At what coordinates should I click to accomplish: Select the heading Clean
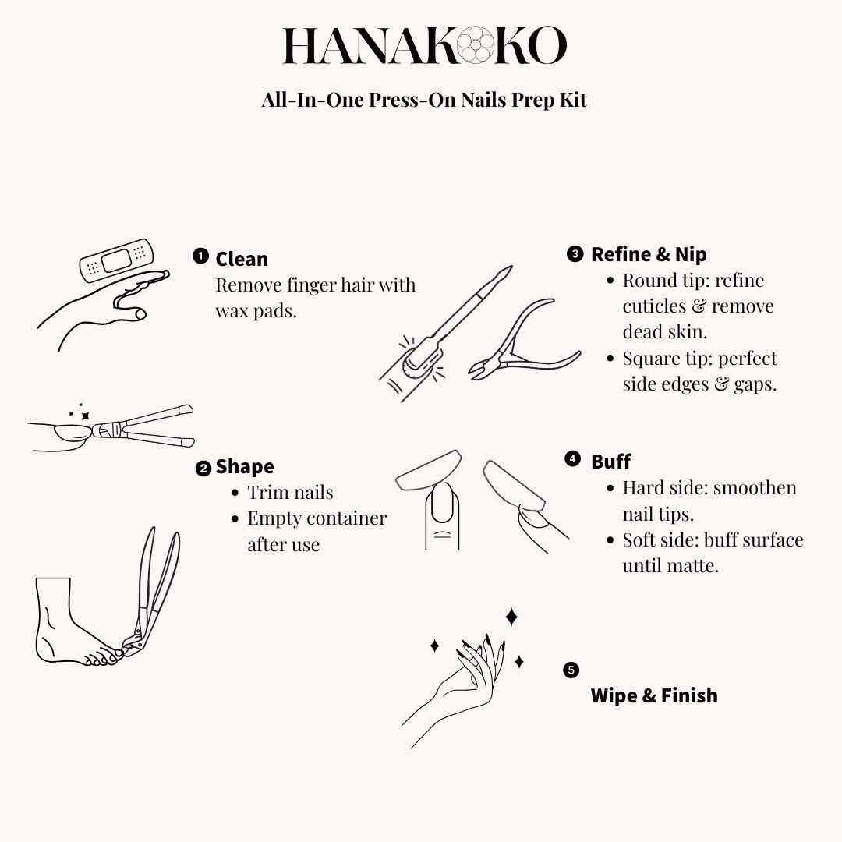click(242, 259)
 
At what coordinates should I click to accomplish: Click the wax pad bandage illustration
click(117, 260)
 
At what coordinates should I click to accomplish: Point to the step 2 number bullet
click(203, 469)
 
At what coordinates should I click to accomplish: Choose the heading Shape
click(245, 467)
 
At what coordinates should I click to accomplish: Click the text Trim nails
click(290, 493)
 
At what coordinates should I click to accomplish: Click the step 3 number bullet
click(575, 253)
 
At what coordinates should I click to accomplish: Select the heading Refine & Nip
click(649, 254)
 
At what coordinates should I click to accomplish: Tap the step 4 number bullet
click(573, 459)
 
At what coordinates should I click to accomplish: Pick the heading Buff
click(610, 462)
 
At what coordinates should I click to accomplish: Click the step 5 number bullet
click(571, 670)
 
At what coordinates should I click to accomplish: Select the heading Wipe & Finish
click(654, 695)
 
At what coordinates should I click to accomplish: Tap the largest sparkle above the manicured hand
click(511, 617)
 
